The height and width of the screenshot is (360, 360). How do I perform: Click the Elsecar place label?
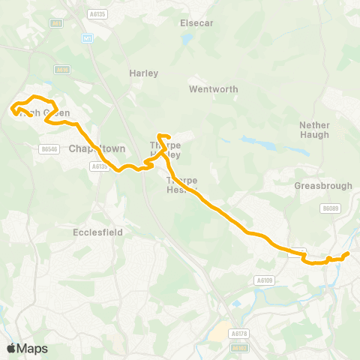coord(197,23)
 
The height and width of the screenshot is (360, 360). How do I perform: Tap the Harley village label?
coord(143,73)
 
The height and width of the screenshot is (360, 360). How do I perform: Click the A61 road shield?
coord(56,23)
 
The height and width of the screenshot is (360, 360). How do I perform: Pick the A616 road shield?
coord(62,70)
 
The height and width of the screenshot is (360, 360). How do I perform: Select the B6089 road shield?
coord(331,208)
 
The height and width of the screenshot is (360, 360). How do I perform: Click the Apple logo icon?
coord(11,348)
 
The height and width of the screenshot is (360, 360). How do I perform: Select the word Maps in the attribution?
coord(32,348)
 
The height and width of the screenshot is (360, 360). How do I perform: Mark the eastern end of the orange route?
coord(346,254)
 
